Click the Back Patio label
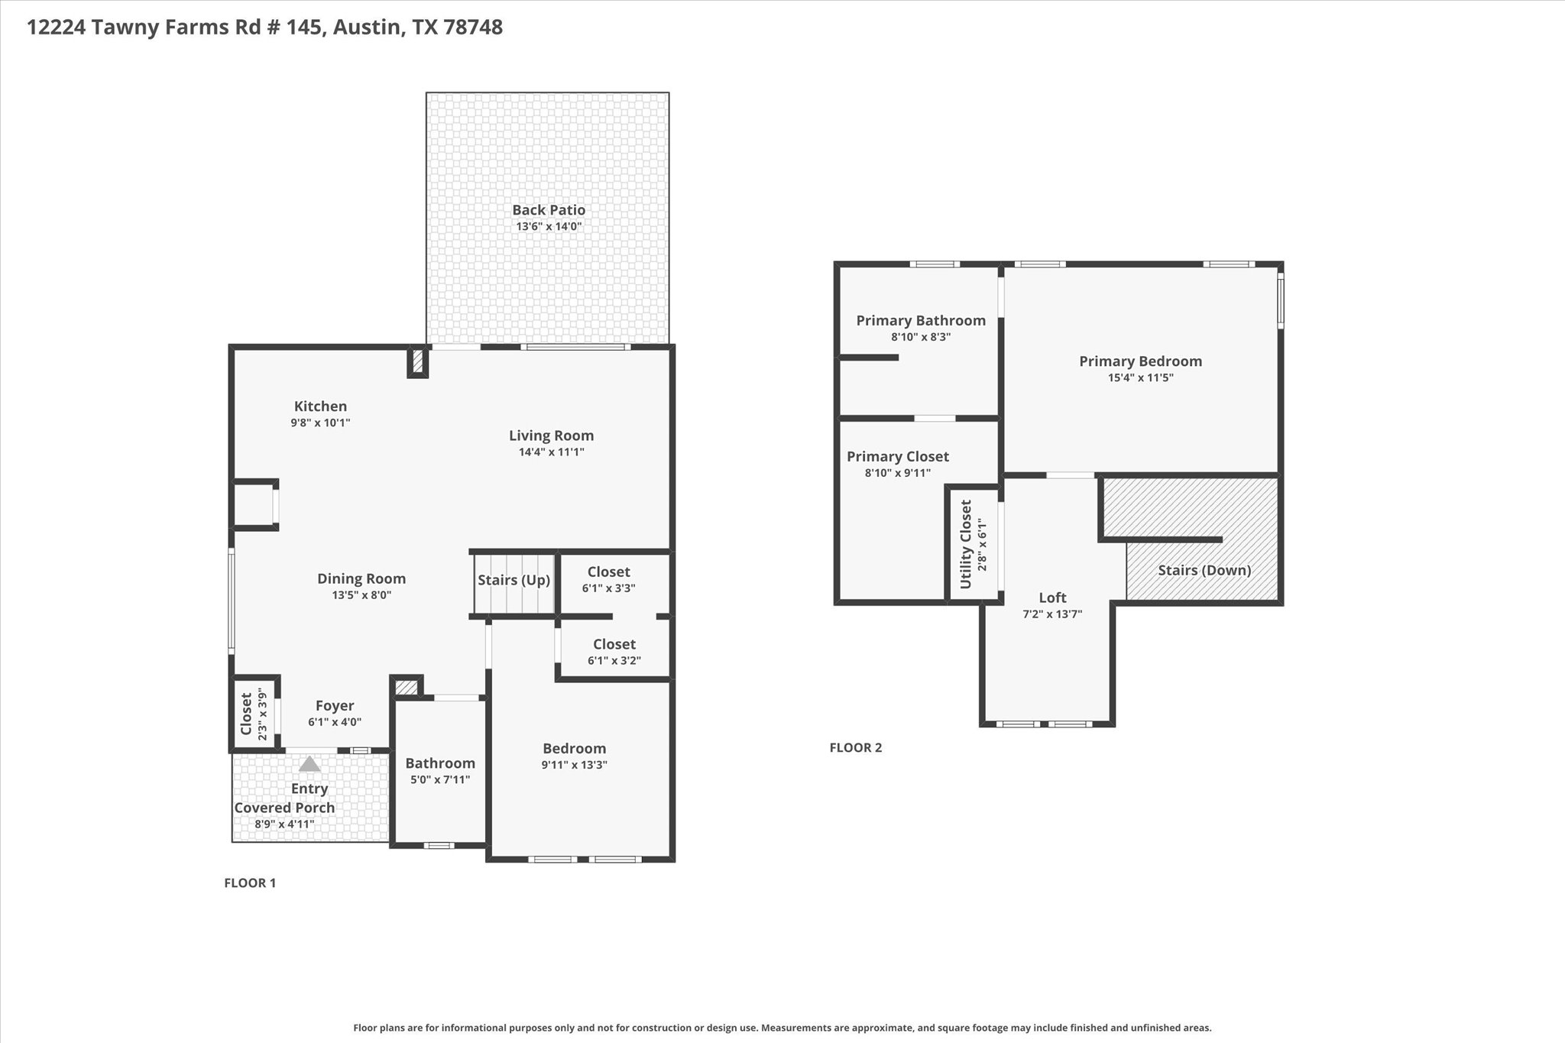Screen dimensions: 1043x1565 coord(549,209)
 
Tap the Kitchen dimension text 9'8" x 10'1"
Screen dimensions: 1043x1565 coord(320,423)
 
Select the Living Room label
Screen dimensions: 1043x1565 coord(551,436)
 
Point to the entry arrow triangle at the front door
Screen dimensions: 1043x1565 coord(309,763)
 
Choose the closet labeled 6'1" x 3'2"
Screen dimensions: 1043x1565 coord(614,652)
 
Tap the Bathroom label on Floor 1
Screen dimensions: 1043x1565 coord(439,763)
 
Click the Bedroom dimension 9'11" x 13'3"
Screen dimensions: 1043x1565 coord(574,765)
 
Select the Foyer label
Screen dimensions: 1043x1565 coord(335,705)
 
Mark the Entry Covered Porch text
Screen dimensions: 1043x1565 coord(284,798)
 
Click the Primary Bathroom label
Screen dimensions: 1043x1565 coord(920,320)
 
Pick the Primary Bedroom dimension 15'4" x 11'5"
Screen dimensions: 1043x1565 coord(1140,377)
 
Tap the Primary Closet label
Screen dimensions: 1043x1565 coord(897,456)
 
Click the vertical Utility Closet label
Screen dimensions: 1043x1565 coord(965,544)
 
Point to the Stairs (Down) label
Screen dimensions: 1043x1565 coord(1204,570)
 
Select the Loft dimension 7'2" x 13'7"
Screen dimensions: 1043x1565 coord(1052,614)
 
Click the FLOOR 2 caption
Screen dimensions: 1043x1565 coord(855,747)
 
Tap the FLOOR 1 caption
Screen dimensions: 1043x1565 coord(250,883)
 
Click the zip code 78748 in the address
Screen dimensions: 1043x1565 coord(472,28)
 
